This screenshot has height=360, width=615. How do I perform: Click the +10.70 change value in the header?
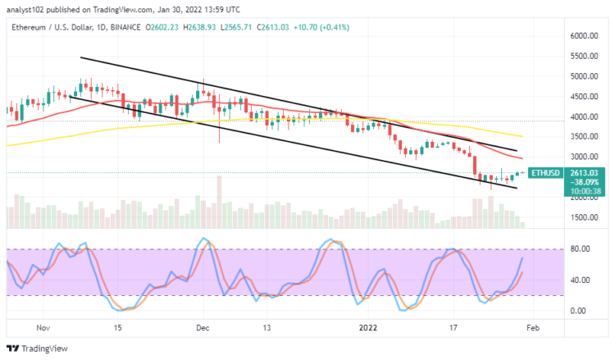pyautogui.click(x=297, y=26)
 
